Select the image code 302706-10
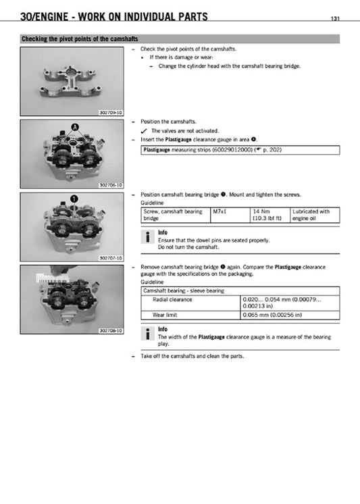pos(111,184)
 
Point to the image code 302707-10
pos(111,257)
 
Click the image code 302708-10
pos(111,330)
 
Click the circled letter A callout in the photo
pos(76,127)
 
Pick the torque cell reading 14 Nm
pos(259,211)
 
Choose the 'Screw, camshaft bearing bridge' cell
pos(174,215)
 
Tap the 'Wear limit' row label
pos(165,315)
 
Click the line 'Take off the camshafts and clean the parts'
pos(191,356)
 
